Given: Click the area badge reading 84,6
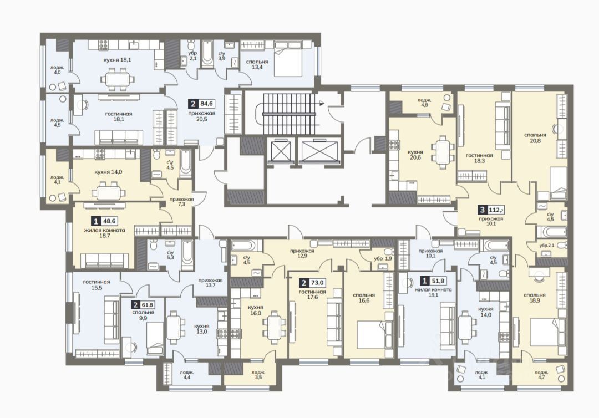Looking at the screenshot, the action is click(201, 104).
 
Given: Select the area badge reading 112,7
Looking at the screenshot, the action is click(491, 210).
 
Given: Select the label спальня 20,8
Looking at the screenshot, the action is click(535, 137).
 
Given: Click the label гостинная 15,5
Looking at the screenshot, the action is click(97, 285).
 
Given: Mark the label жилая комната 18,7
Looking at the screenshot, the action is click(105, 233).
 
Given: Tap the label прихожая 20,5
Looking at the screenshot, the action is click(202, 116).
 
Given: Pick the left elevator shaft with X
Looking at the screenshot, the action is click(280, 151).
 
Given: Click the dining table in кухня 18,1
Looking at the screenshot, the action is click(117, 79).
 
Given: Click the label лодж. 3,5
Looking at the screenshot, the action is click(258, 375).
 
